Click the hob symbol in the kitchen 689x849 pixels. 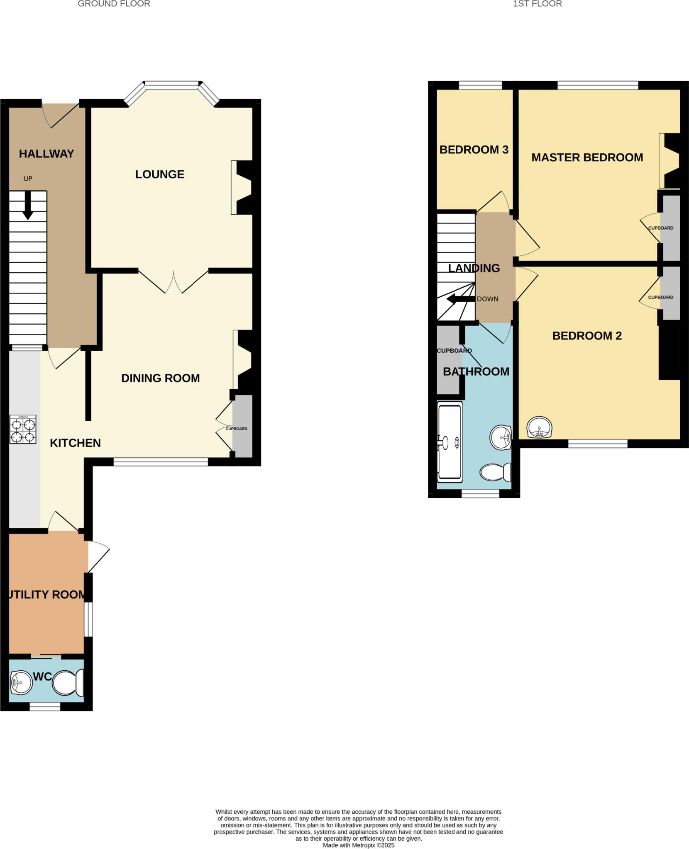coord(23,429)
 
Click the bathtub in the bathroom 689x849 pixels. coord(450,442)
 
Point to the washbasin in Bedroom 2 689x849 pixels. coord(539,427)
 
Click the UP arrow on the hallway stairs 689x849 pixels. coord(28,205)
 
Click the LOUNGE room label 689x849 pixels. coord(160,174)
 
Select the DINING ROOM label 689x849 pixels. coord(160,378)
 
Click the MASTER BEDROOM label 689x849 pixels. coord(587,158)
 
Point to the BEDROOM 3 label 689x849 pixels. coord(474,150)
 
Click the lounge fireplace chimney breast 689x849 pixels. coord(246,187)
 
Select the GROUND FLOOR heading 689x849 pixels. coord(114,4)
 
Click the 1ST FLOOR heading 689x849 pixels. coord(537,4)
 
